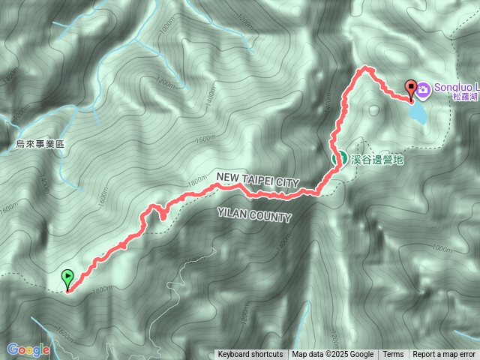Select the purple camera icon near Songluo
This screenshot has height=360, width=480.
coord(424,90)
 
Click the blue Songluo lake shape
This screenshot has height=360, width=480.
coord(417,113)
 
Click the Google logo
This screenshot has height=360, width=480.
coord(28,349)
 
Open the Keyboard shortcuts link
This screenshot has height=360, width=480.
coord(250,355)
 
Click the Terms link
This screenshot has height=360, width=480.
coord(393,355)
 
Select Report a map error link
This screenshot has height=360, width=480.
coord(444,355)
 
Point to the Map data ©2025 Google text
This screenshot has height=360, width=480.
coord(333,355)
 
